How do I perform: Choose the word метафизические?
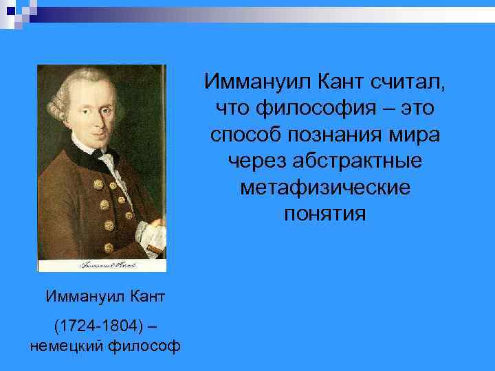click(324, 186)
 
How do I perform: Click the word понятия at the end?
click(324, 212)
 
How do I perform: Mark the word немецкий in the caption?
click(66, 346)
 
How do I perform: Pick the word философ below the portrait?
click(144, 346)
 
